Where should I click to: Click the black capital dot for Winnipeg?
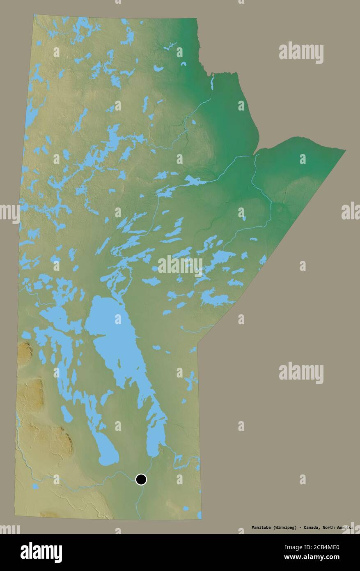click(x=141, y=479)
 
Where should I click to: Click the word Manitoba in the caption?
click(x=261, y=527)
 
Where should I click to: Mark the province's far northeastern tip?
click(x=345, y=150)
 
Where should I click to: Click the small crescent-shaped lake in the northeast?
click(x=183, y=64)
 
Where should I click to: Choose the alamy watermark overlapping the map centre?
click(x=180, y=265)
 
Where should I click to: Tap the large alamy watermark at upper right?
click(x=301, y=53)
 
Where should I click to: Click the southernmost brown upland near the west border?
click(x=57, y=442)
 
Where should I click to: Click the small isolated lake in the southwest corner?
click(x=35, y=487)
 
